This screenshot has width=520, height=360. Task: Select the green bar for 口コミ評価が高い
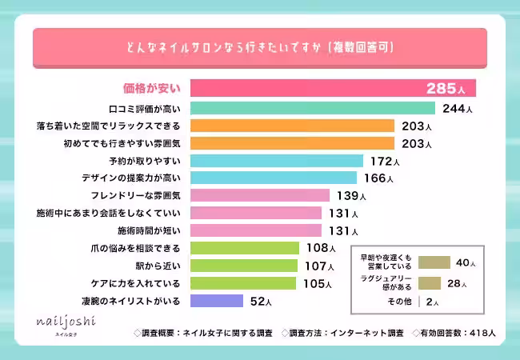click(x=312, y=108)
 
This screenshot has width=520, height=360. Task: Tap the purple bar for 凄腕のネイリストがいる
click(x=216, y=302)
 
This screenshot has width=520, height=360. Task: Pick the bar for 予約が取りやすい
click(x=277, y=161)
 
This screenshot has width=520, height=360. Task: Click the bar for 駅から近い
click(x=244, y=266)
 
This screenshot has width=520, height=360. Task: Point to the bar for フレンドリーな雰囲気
click(x=259, y=196)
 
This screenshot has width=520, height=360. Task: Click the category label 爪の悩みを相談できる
click(x=138, y=249)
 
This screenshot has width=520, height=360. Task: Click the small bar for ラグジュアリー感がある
click(x=430, y=282)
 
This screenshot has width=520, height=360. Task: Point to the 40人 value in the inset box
click(x=465, y=262)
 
